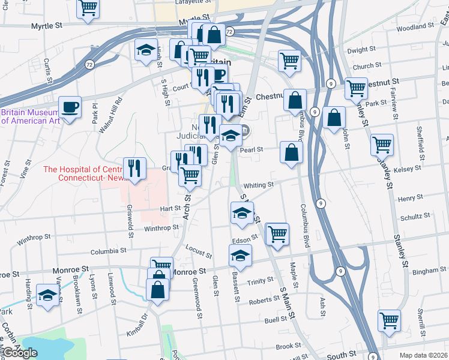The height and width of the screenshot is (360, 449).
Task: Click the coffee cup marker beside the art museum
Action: click(x=70, y=107)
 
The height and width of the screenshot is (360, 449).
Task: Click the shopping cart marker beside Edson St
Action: click(x=277, y=234)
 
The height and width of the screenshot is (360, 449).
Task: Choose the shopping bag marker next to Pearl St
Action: click(x=291, y=152)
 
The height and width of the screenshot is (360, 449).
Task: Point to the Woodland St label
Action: click(x=415, y=27)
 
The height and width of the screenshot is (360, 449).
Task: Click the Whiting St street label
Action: click(x=259, y=185)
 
